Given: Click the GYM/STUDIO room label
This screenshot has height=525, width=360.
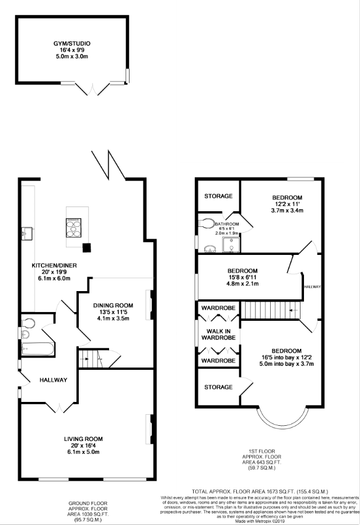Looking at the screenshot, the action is [72, 44].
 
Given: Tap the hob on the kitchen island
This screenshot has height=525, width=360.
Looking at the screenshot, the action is [74, 227].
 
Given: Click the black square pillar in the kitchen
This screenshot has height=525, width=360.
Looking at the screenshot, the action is [87, 247].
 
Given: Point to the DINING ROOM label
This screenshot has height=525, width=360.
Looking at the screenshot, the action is [113, 305].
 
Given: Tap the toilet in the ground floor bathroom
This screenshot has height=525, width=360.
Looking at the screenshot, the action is [28, 323].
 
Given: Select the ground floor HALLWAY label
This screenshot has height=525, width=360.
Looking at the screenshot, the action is [53, 380].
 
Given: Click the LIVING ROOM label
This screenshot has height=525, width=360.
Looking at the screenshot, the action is [83, 439].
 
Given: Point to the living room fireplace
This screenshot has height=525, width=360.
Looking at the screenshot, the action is [149, 429].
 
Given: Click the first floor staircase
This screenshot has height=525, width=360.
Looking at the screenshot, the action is [270, 310].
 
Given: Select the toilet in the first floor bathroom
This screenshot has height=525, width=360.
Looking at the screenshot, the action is [206, 223].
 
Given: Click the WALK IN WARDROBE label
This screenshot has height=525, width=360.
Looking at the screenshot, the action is [218, 334].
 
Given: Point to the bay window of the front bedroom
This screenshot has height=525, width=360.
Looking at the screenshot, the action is [282, 419].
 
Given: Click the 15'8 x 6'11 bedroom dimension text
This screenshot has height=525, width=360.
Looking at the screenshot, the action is [243, 277].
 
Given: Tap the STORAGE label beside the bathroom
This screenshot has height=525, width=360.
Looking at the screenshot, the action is [218, 196].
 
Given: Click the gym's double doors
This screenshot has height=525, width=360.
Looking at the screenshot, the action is [92, 89].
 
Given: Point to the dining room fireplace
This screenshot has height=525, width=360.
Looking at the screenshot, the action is [149, 305].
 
